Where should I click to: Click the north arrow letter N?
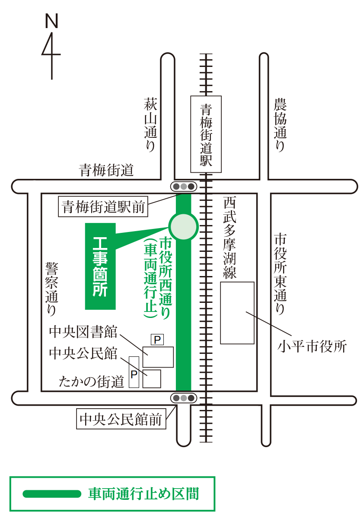(51, 20)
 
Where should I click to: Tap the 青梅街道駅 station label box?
(206, 134)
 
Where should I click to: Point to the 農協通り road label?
(280, 125)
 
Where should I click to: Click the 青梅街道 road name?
(106, 170)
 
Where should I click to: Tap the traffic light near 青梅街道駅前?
(184, 187)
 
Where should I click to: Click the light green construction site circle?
(183, 226)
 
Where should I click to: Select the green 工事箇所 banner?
(100, 266)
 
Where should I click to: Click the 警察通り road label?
(51, 288)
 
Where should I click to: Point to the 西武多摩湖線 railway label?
(229, 238)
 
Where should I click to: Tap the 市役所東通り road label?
(280, 274)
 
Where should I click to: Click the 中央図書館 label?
(83, 332)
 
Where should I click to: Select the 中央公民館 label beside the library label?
(83, 353)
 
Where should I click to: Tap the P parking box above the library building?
(157, 340)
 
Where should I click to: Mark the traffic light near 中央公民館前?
(184, 398)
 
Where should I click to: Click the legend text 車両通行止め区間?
(143, 493)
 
